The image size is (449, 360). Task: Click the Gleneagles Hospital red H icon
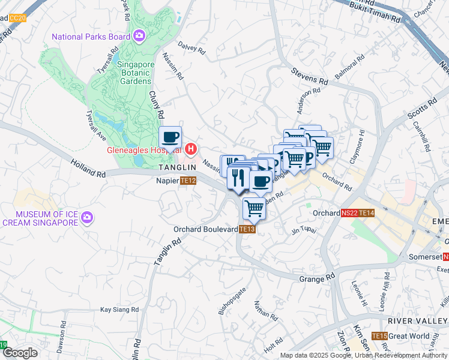(x=191, y=149)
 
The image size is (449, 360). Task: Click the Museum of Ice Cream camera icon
(x=87, y=217)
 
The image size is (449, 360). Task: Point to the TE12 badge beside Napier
(x=188, y=180)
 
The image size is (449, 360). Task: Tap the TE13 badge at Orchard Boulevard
(x=247, y=229)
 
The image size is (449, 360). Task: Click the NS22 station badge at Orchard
(x=350, y=213)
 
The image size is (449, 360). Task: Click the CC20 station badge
(x=18, y=18)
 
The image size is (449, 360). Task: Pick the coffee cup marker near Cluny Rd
(x=170, y=137)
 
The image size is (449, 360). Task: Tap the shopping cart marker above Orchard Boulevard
(x=254, y=209)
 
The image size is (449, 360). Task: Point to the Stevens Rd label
(x=310, y=76)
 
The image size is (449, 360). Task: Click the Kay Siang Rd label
(x=119, y=310)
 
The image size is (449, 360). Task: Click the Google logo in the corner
(x=20, y=353)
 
